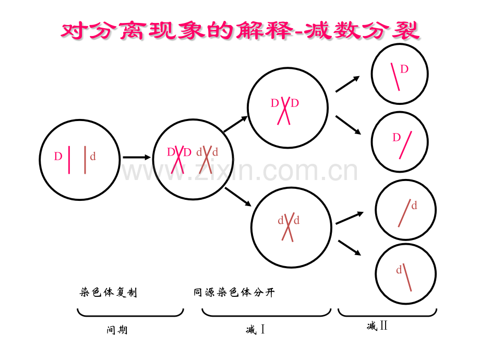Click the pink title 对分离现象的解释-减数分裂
point(240,31)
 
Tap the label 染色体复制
point(109,292)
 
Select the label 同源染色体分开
point(234,292)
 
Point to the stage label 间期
point(117,330)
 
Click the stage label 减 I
point(255,329)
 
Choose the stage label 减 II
point(377,326)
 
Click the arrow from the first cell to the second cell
point(137,158)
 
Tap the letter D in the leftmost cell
point(58,157)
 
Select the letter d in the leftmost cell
point(93,157)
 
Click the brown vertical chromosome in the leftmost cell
point(85,160)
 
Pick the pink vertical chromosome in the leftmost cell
point(69,160)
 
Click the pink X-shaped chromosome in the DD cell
point(284,111)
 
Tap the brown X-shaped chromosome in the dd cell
point(288,227)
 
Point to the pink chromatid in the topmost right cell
point(395,77)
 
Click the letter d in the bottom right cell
point(399,270)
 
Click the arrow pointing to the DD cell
point(235,124)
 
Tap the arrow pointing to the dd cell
point(238,197)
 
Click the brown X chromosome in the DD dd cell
point(206,160)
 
